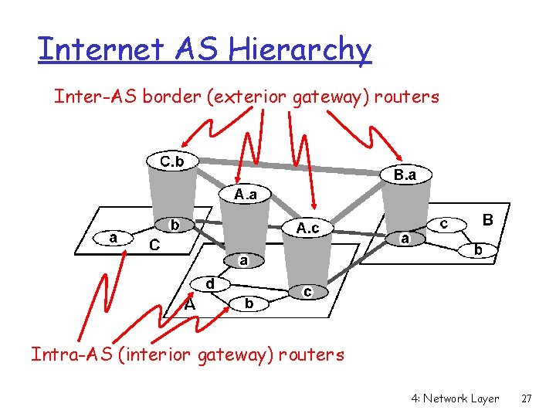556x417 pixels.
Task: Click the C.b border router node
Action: (x=171, y=161)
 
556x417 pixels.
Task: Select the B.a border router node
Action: (x=405, y=176)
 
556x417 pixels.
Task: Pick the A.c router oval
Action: (x=307, y=228)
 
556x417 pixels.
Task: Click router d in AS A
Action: (x=209, y=283)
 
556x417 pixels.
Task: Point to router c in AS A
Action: (x=307, y=292)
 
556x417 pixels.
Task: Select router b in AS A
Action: (x=249, y=304)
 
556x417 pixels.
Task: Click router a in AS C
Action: (x=114, y=238)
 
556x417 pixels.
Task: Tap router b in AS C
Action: (x=175, y=225)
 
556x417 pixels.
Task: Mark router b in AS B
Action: (x=479, y=250)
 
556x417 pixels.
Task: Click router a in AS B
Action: (x=405, y=239)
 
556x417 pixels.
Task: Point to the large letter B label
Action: (x=488, y=220)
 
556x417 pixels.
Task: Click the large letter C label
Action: (x=154, y=246)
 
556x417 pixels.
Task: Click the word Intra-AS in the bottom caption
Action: (x=65, y=355)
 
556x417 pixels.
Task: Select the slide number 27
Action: (x=527, y=398)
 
